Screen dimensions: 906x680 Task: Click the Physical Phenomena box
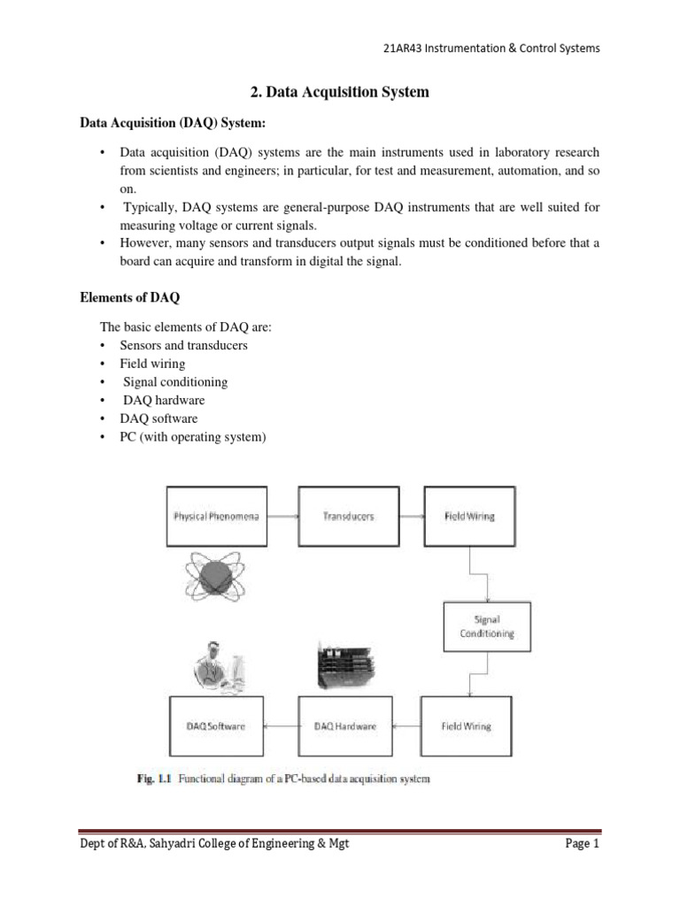pyautogui.click(x=216, y=516)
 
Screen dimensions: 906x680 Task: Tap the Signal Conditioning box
pyautogui.click(x=486, y=627)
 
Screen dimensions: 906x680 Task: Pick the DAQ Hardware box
pyautogui.click(x=344, y=726)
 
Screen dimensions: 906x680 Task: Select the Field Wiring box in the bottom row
pyautogui.click(x=466, y=726)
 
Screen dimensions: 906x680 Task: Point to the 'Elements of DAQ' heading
pyautogui.click(x=129, y=298)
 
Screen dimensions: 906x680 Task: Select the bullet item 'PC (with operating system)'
pyautogui.click(x=193, y=437)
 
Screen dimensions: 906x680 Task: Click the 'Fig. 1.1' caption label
pyautogui.click(x=157, y=779)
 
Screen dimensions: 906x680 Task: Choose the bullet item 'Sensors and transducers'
pyautogui.click(x=183, y=345)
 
